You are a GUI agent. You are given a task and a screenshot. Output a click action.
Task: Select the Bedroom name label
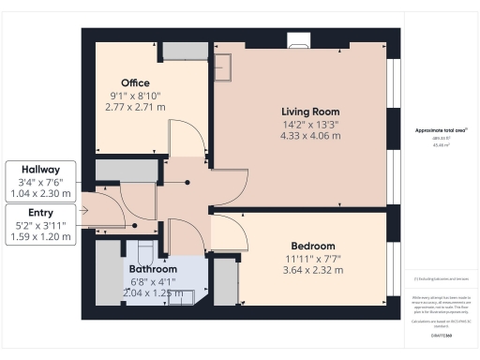click(x=312, y=247)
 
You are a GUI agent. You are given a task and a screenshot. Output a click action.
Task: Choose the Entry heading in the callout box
click(x=38, y=213)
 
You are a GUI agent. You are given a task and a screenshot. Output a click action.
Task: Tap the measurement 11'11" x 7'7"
click(x=312, y=259)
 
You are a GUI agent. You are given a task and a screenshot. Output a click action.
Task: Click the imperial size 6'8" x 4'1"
click(x=152, y=280)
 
